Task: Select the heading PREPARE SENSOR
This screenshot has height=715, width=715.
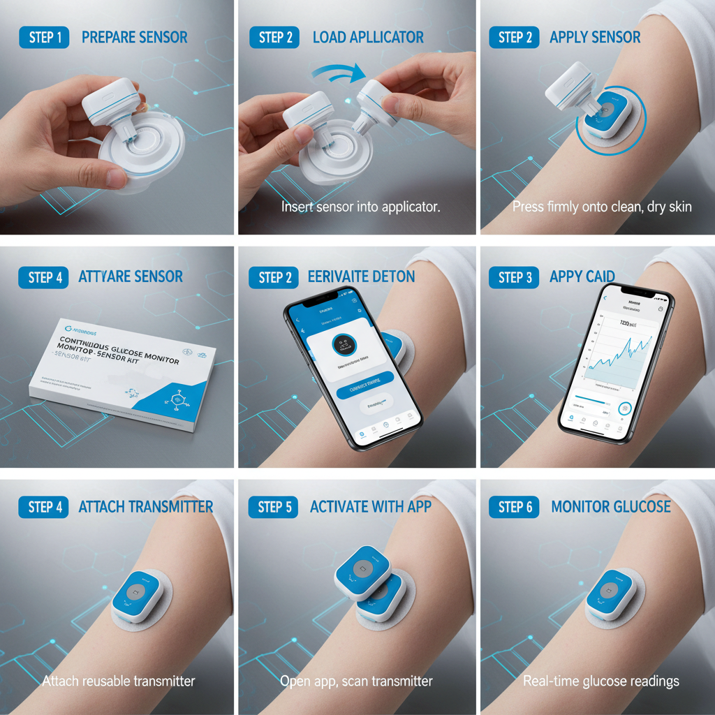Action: pos(135,37)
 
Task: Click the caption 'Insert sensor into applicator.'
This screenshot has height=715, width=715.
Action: pos(360,207)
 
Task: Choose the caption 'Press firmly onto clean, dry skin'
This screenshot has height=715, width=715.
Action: pos(602,207)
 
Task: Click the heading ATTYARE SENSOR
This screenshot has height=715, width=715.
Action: pos(131,277)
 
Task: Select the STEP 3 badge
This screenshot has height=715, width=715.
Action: pos(515,277)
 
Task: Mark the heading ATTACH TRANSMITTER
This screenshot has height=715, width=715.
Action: pos(146,506)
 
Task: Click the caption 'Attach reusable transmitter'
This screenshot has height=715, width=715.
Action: pos(119,681)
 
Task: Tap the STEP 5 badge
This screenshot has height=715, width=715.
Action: pos(274,507)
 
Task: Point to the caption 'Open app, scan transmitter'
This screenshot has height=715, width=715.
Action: pos(356,681)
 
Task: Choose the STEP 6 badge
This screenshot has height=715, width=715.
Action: pos(515,507)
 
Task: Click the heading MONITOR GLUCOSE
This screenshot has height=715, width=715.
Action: pos(610,506)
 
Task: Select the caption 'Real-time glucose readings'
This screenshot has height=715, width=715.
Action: pos(601,681)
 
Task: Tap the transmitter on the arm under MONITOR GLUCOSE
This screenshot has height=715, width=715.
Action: pos(611,596)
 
